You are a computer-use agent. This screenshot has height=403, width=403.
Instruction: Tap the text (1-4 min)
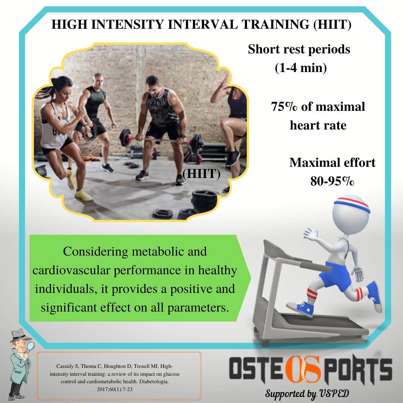click(x=301, y=68)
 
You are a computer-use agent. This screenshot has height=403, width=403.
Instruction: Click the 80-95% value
click(x=332, y=181)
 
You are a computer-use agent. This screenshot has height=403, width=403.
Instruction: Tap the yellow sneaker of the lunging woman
click(x=82, y=195)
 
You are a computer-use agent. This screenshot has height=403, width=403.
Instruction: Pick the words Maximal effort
click(x=332, y=163)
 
